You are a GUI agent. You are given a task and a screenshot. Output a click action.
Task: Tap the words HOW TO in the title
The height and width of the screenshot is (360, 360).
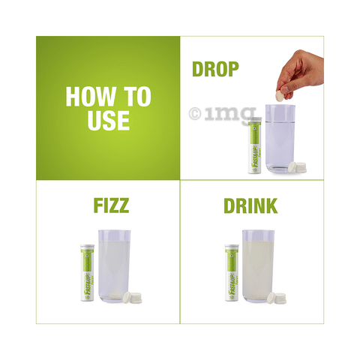click(x=108, y=96)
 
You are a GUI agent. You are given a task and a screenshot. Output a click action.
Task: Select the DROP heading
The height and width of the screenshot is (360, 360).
click(x=215, y=70)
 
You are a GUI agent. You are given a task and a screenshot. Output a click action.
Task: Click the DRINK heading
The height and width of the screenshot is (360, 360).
click(x=250, y=205)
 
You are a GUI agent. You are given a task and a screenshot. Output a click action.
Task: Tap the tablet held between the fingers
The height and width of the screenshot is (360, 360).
click(x=280, y=95)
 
